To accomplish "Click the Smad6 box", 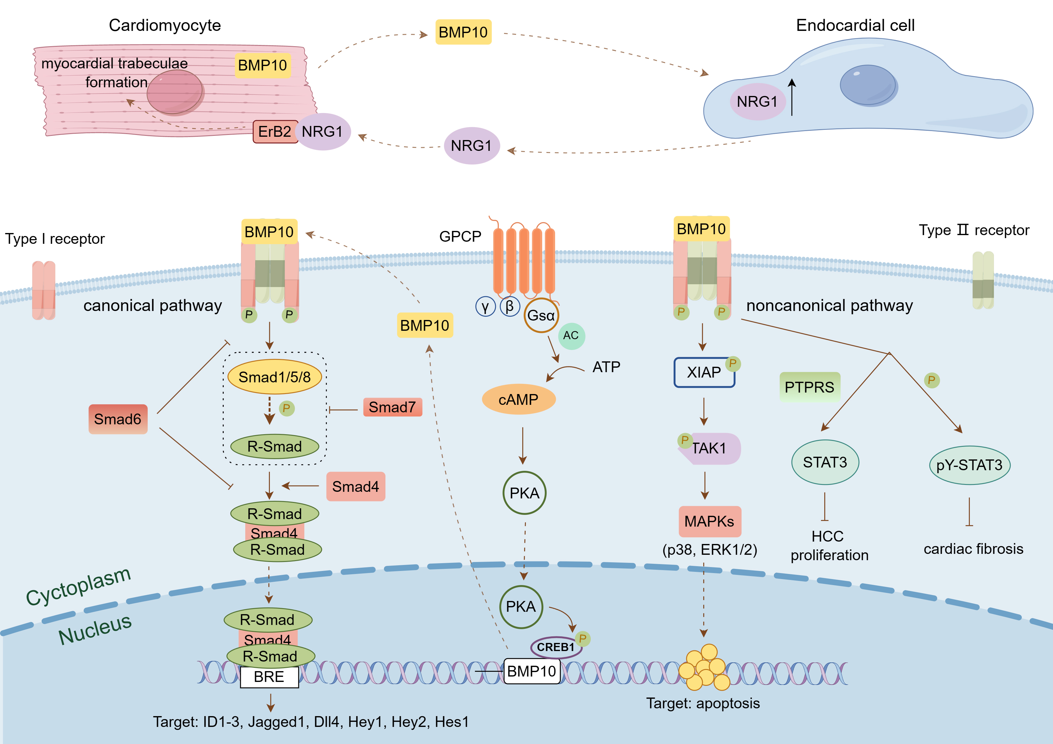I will pyautogui.click(x=118, y=419).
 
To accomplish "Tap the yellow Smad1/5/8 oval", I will pyautogui.click(x=274, y=377).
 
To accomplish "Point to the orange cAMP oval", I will pyautogui.click(x=518, y=399).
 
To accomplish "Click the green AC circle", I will pyautogui.click(x=571, y=336).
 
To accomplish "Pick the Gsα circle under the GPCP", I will pyautogui.click(x=541, y=315).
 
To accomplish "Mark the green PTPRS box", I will pyautogui.click(x=810, y=387).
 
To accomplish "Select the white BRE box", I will pyautogui.click(x=269, y=677).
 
